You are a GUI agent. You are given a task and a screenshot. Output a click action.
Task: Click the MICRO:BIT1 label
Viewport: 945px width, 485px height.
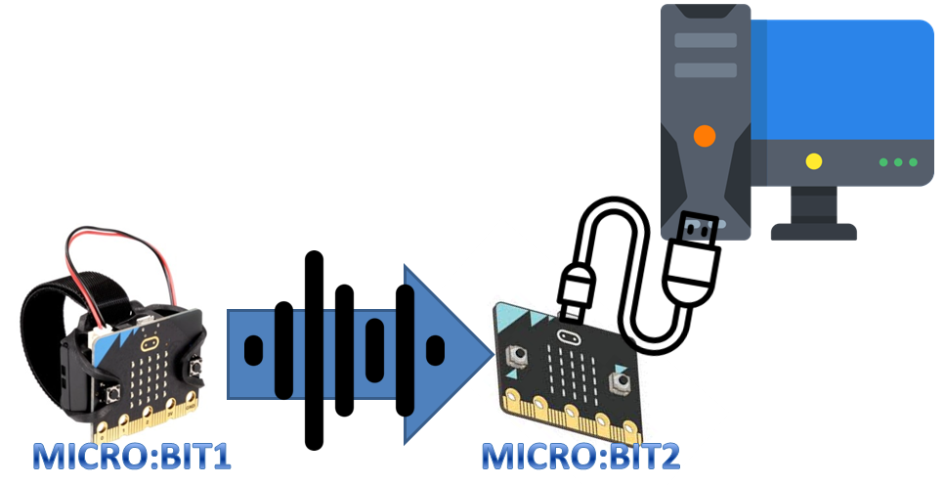(x=133, y=457)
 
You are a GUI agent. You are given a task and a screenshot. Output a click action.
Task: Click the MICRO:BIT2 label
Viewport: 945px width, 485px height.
(x=581, y=457)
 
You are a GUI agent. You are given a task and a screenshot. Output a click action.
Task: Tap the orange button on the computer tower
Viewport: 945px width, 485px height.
(x=703, y=135)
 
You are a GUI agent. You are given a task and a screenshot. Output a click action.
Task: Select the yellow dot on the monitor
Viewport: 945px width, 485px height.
(x=813, y=161)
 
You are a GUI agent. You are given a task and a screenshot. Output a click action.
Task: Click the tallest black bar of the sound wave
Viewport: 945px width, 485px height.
(x=314, y=349)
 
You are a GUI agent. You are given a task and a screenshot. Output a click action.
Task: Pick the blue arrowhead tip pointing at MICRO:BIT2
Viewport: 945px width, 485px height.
(x=489, y=350)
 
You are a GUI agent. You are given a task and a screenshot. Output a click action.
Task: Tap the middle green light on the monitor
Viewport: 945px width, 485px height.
(x=898, y=161)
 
